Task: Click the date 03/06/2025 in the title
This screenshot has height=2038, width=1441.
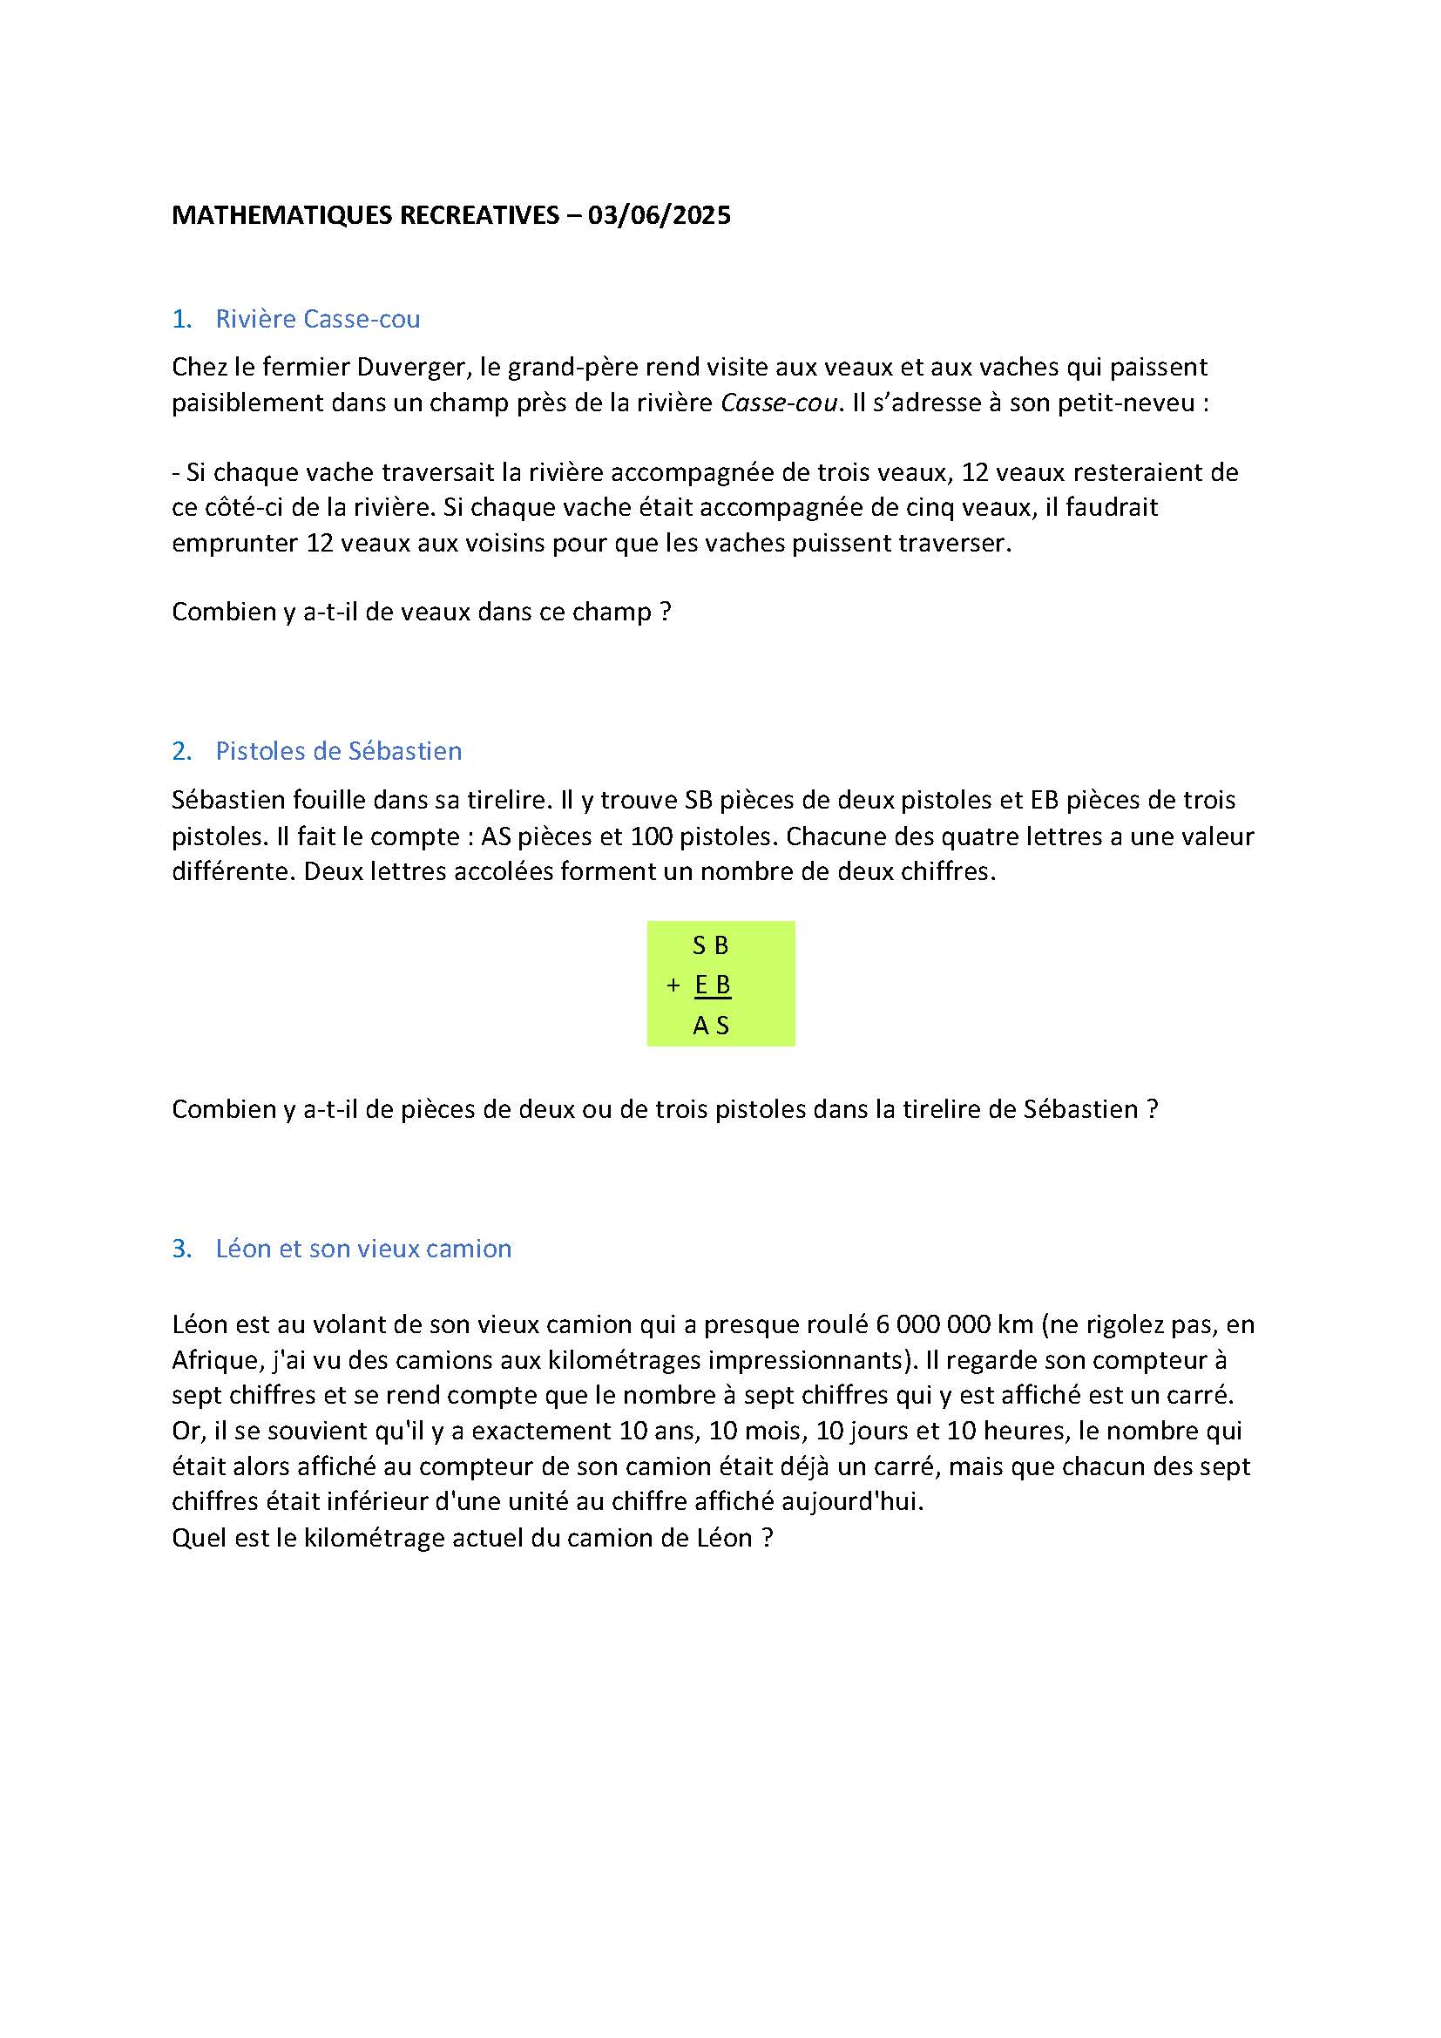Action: [x=660, y=216]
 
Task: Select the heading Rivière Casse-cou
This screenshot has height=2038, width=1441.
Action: [x=318, y=319]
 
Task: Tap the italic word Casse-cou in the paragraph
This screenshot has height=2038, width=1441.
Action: [x=778, y=403]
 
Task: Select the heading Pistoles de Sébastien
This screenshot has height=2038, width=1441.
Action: [x=338, y=751]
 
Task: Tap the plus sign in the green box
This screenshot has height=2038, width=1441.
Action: [x=673, y=985]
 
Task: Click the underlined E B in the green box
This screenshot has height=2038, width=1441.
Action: [x=713, y=985]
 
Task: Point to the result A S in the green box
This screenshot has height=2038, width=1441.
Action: [x=711, y=1026]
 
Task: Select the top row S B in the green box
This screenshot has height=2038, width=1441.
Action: [x=711, y=946]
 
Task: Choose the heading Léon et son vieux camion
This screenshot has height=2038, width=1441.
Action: [x=363, y=1249]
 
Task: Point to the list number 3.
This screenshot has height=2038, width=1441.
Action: [x=181, y=1249]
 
